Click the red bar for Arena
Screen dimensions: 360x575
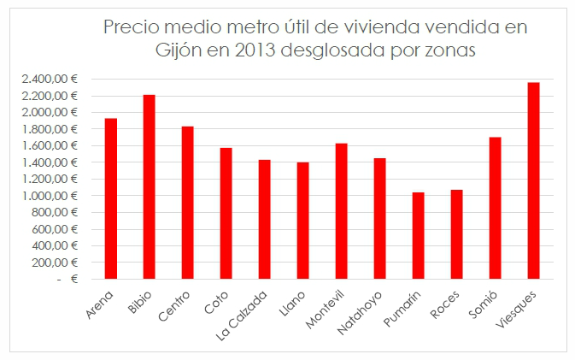110,198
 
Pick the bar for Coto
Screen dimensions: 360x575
226,213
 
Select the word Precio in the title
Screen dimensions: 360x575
131,27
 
